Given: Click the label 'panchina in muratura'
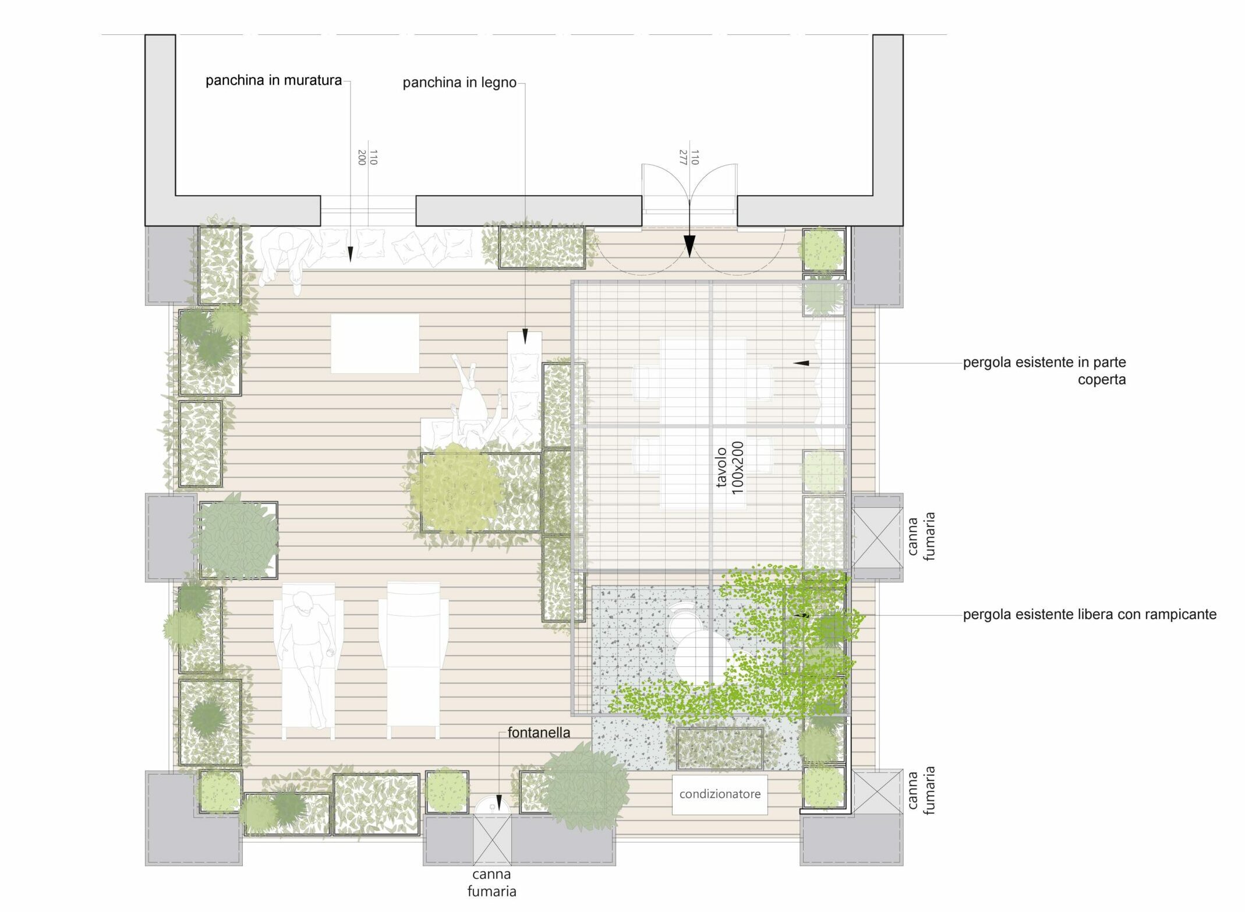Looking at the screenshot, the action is [x=274, y=80].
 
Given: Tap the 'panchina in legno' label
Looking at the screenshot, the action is [x=459, y=83].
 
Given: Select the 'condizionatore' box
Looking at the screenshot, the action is [x=720, y=794].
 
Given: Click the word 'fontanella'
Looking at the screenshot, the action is [x=539, y=733].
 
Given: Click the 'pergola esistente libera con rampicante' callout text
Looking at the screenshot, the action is [x=1090, y=614].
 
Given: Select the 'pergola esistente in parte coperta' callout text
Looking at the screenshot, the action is [x=1044, y=371].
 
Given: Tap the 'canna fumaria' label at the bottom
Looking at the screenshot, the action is [x=492, y=882].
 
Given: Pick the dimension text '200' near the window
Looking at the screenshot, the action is [x=361, y=157].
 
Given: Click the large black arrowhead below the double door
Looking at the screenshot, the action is [x=689, y=246].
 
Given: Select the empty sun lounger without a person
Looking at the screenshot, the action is [x=413, y=660].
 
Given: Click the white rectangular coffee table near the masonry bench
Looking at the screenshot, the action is [x=375, y=343].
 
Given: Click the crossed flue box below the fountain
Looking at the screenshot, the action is [x=493, y=839].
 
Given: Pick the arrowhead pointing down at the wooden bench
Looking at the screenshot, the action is [x=525, y=337].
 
